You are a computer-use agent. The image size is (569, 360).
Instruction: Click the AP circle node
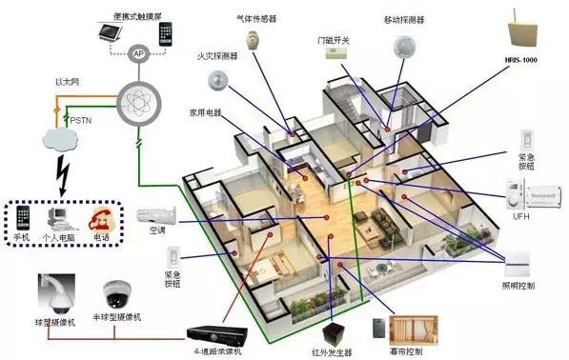click(139, 54)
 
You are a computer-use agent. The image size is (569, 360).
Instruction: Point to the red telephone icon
click(100, 218)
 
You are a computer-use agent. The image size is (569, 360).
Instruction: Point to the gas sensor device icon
click(252, 40)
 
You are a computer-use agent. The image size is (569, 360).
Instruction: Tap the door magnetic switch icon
click(335, 53)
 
